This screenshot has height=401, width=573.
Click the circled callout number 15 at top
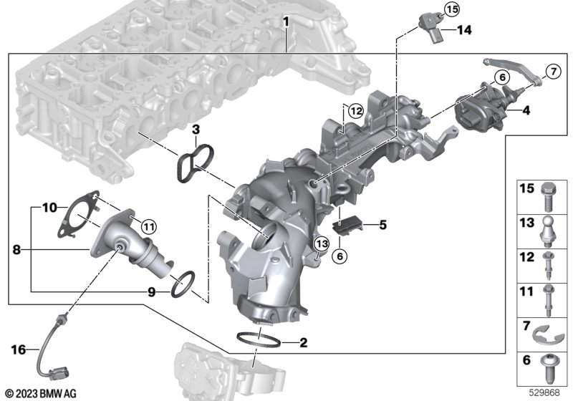click(x=452, y=9)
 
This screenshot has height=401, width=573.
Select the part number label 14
click(x=464, y=30)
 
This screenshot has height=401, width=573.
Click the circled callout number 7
click(x=553, y=71)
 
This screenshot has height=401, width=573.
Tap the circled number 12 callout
click(x=356, y=110)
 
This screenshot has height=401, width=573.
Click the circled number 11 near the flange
click(x=149, y=227)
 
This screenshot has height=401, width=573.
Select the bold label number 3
click(x=196, y=130)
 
